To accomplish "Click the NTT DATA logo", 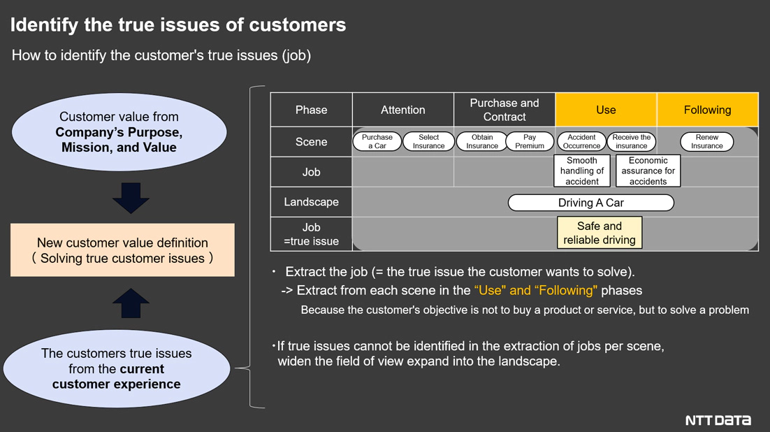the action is click(718, 420).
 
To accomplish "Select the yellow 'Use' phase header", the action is click(606, 110).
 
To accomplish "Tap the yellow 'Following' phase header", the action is click(708, 110).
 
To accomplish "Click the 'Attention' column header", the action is click(403, 110).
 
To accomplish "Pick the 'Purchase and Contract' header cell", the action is click(504, 110).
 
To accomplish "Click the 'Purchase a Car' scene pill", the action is click(377, 141).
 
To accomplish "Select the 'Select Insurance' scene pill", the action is click(429, 141).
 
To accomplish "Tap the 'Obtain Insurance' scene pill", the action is click(481, 141).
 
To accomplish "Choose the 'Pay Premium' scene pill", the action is click(530, 141).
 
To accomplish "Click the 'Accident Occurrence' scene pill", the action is click(581, 141).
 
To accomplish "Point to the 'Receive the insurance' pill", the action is click(632, 141).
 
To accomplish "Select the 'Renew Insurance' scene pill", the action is click(706, 141).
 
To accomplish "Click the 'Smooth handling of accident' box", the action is click(582, 171).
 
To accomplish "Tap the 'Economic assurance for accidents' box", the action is click(648, 171).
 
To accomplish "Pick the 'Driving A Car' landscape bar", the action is click(590, 203).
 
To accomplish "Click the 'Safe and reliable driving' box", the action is click(600, 233).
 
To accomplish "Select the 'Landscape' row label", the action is click(312, 202).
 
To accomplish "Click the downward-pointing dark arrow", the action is click(131, 198).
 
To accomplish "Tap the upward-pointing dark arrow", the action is click(131, 303).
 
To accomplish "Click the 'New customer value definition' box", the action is click(122, 250).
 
